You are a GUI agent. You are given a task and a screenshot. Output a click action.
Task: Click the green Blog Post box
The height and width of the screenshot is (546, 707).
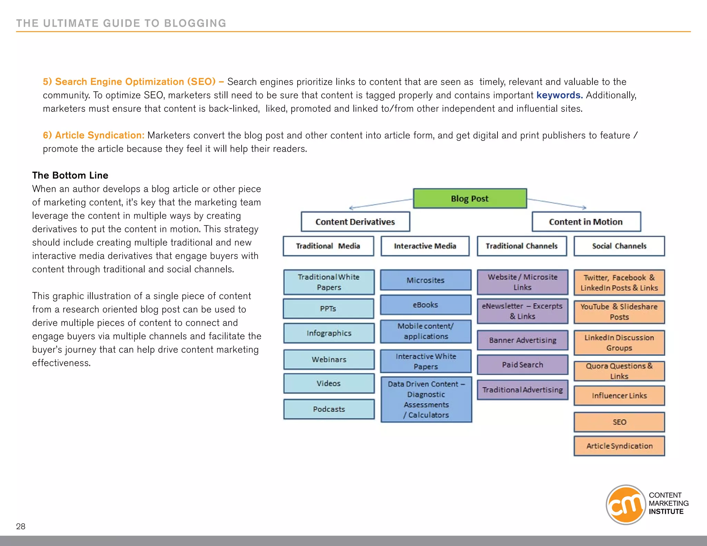(x=470, y=198)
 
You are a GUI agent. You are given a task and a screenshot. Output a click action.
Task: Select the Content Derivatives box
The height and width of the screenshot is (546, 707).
(x=355, y=222)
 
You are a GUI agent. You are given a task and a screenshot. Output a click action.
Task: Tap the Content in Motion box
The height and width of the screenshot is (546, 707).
(x=586, y=222)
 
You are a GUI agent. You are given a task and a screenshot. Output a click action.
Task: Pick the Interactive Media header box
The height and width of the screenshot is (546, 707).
(x=425, y=246)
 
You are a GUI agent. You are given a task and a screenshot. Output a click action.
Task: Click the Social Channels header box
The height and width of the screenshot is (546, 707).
(x=619, y=246)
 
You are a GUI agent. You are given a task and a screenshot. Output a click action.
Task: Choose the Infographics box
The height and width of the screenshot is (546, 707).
(x=329, y=333)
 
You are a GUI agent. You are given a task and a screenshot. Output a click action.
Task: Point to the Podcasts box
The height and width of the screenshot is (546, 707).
(x=329, y=409)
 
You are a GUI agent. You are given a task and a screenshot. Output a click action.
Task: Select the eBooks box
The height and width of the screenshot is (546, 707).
(x=425, y=305)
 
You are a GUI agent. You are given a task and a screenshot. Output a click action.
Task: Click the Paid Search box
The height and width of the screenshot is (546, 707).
(x=522, y=364)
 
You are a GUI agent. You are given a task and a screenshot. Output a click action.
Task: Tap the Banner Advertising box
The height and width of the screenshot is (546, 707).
(x=522, y=340)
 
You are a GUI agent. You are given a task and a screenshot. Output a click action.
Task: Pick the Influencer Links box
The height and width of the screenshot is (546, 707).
(x=619, y=396)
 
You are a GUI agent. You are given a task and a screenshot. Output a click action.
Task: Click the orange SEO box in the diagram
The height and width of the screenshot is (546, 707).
(x=619, y=422)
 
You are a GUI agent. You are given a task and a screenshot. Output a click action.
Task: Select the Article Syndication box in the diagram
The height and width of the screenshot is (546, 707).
(x=619, y=446)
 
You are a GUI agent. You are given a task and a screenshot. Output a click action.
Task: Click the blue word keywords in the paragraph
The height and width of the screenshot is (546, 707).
(x=559, y=95)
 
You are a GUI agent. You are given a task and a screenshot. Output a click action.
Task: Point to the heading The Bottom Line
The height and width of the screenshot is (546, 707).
(x=70, y=175)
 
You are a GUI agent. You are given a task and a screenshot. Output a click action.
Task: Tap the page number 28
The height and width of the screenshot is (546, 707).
(x=21, y=526)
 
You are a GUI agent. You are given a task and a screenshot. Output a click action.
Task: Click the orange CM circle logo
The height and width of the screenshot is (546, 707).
(x=626, y=505)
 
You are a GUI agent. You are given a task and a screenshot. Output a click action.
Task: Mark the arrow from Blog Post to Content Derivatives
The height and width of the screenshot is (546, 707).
(x=381, y=204)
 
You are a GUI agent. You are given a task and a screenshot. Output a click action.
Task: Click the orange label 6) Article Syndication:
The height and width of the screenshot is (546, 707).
(x=94, y=135)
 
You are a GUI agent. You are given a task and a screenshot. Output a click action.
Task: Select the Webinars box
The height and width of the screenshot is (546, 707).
(x=329, y=359)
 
